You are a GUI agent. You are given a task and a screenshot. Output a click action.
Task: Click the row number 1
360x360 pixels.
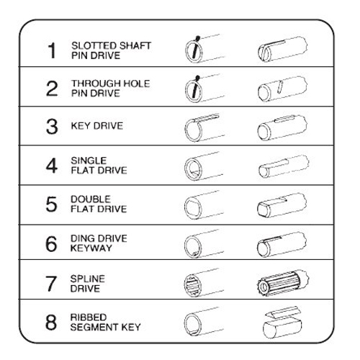coord(52,50)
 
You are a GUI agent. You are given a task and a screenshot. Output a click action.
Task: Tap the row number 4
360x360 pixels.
coord(52,166)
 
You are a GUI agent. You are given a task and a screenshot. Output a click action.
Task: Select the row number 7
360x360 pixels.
coord(51,284)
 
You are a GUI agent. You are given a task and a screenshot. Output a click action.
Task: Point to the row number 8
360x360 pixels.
coord(51,322)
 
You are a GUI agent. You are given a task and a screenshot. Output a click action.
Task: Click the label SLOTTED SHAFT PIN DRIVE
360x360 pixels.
coord(111,50)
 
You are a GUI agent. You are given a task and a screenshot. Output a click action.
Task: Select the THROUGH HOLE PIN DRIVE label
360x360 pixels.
coord(111,89)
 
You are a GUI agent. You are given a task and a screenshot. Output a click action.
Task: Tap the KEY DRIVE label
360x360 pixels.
coord(97,126)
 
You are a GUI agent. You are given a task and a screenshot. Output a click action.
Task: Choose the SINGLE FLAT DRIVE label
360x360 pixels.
coord(99,166)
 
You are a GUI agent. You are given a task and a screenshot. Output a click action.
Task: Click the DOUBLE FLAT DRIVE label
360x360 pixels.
coord(99,204)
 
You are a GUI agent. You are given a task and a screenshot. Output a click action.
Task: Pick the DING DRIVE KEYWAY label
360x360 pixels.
coord(99,243)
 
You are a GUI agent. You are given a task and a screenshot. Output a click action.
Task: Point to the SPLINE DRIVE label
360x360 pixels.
coord(88,284)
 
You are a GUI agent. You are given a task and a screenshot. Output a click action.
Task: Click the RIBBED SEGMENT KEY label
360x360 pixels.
coord(105,322)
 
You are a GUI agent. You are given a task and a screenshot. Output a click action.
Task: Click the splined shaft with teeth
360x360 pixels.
coord(282,283)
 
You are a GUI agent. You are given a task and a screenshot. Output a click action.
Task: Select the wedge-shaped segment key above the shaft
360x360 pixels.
coord(283,312)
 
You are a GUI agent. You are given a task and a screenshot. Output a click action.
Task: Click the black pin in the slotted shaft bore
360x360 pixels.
coord(195,48)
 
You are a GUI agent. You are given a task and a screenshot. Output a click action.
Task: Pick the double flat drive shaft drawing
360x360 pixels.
coord(282,205)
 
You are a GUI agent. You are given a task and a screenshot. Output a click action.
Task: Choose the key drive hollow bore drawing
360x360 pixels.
coord(204,127)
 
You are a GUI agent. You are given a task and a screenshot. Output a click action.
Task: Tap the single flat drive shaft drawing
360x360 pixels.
coord(284,166)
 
